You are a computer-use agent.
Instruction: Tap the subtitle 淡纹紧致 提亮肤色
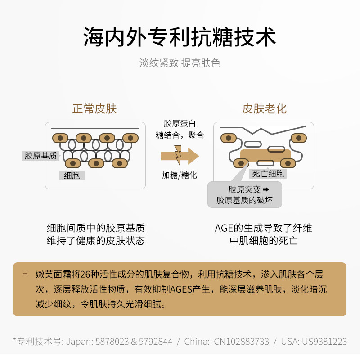(x=180, y=63)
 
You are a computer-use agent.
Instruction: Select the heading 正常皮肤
(x=94, y=109)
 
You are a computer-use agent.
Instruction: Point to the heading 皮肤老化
(x=264, y=109)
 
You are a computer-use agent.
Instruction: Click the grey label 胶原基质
(x=40, y=156)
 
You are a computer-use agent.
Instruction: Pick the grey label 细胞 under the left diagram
(x=72, y=175)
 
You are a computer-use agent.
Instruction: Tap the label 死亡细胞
(x=268, y=174)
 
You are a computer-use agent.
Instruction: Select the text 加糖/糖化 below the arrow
(x=180, y=175)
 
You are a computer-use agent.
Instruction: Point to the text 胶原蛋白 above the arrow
(x=180, y=124)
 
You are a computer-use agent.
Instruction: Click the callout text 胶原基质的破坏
(x=244, y=200)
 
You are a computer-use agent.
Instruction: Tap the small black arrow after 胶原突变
(x=265, y=189)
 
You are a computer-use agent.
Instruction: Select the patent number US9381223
(x=326, y=342)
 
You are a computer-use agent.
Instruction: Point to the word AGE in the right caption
(x=223, y=228)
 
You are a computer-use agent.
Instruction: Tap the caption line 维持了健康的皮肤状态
(x=96, y=241)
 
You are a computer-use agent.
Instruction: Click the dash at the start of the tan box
(x=25, y=274)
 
